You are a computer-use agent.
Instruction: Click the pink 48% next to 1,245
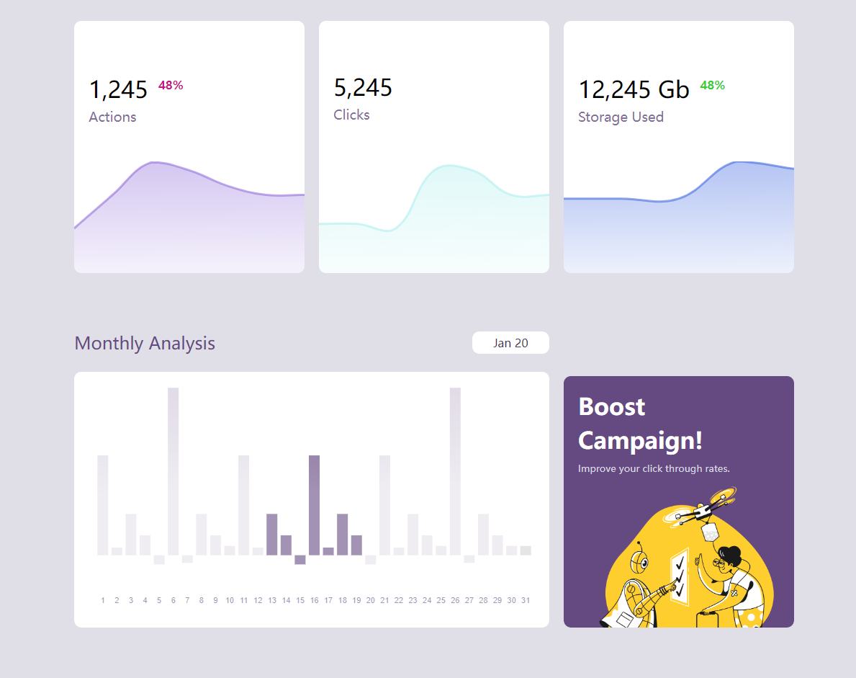click(x=171, y=85)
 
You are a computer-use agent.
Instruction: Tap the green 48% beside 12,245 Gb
click(x=712, y=85)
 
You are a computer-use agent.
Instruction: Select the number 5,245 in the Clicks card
click(x=363, y=88)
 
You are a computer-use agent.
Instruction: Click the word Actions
click(x=112, y=117)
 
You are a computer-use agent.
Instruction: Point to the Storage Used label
click(x=621, y=117)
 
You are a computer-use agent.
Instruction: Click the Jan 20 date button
click(x=510, y=343)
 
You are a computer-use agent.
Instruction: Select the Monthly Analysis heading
click(x=145, y=343)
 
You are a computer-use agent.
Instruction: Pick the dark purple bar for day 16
click(x=314, y=504)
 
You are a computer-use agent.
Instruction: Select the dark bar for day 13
click(x=271, y=534)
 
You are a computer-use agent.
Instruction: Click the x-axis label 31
click(x=526, y=600)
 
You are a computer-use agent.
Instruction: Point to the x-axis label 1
click(x=103, y=600)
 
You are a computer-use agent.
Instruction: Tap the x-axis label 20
click(x=370, y=600)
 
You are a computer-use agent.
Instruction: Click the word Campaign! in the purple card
click(x=640, y=440)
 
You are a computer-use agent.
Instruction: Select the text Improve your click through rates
click(x=654, y=468)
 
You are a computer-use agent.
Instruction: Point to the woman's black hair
click(x=729, y=554)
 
